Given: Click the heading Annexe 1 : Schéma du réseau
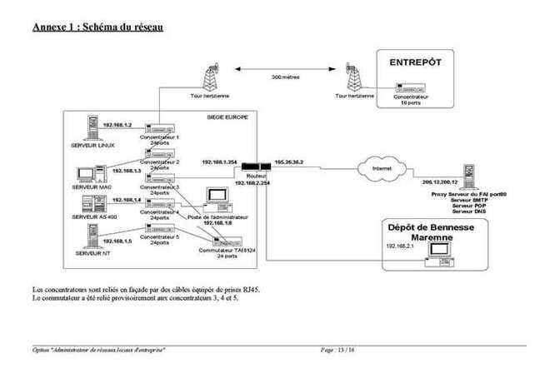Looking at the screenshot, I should (97, 27).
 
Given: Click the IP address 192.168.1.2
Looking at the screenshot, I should (118, 124).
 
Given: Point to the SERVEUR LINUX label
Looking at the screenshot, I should (92, 145).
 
